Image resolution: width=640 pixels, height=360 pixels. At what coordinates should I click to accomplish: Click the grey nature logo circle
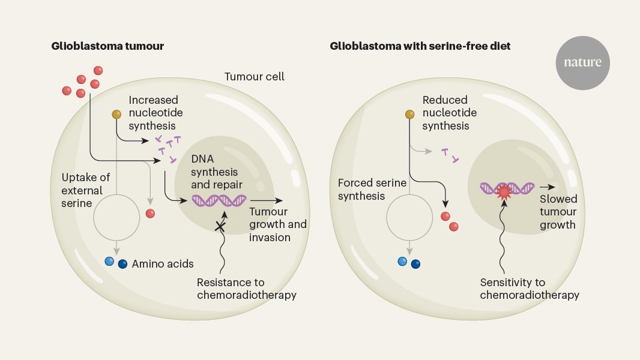(x=582, y=62)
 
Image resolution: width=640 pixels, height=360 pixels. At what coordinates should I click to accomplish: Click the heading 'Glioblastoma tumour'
(x=107, y=46)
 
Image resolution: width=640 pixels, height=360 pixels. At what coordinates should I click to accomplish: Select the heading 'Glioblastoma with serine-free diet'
(x=420, y=46)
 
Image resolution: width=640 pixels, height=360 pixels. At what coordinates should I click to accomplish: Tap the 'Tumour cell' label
(x=254, y=77)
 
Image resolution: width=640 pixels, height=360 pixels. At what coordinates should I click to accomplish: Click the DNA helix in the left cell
(x=219, y=200)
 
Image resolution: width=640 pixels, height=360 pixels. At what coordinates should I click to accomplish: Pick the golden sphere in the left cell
(x=116, y=114)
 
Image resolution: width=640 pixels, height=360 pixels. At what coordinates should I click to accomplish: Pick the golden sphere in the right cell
(x=410, y=114)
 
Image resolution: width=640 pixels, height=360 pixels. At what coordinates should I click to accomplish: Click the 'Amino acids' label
(x=163, y=263)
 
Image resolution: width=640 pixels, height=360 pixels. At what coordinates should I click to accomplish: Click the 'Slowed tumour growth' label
(x=558, y=212)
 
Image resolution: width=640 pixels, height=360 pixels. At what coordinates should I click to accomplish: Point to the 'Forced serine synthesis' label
(x=372, y=190)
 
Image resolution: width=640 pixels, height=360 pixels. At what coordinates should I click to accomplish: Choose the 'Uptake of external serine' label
(x=82, y=190)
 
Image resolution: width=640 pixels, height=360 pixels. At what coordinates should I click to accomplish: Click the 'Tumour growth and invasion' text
(x=277, y=224)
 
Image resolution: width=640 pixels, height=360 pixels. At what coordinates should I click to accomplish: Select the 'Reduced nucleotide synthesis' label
(x=449, y=113)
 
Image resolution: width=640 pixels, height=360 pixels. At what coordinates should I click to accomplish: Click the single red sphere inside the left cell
(x=150, y=214)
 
